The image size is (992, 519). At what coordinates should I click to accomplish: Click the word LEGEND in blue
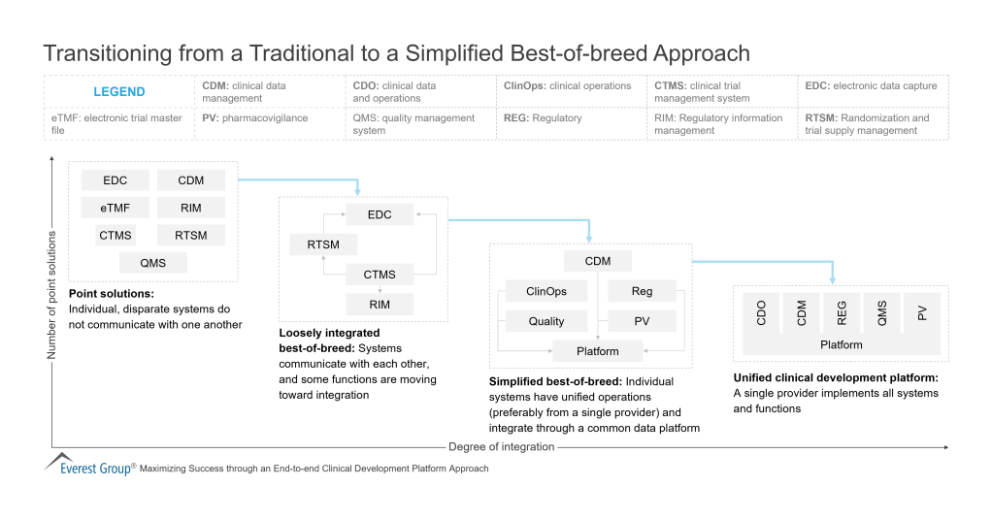(118, 92)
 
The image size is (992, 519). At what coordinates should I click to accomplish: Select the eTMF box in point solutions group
(116, 207)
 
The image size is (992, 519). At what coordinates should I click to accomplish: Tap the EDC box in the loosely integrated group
(380, 214)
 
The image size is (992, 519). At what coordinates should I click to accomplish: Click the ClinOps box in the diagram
(546, 291)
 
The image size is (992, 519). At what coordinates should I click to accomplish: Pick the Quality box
(546, 321)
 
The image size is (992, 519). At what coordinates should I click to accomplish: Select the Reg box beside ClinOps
(642, 291)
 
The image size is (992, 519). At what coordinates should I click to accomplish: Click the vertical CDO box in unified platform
(761, 311)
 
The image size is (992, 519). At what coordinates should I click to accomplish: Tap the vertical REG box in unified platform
(842, 311)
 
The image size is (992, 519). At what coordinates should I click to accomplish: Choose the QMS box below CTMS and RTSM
(152, 263)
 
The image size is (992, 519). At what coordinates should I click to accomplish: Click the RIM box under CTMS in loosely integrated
(380, 304)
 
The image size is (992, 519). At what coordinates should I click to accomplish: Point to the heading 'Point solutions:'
(112, 293)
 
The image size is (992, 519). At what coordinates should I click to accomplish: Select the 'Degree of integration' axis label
(501, 447)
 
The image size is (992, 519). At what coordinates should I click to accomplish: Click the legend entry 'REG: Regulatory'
(543, 118)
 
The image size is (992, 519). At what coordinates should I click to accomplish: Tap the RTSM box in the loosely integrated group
(323, 244)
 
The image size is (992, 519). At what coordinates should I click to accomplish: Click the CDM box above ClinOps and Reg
(597, 260)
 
